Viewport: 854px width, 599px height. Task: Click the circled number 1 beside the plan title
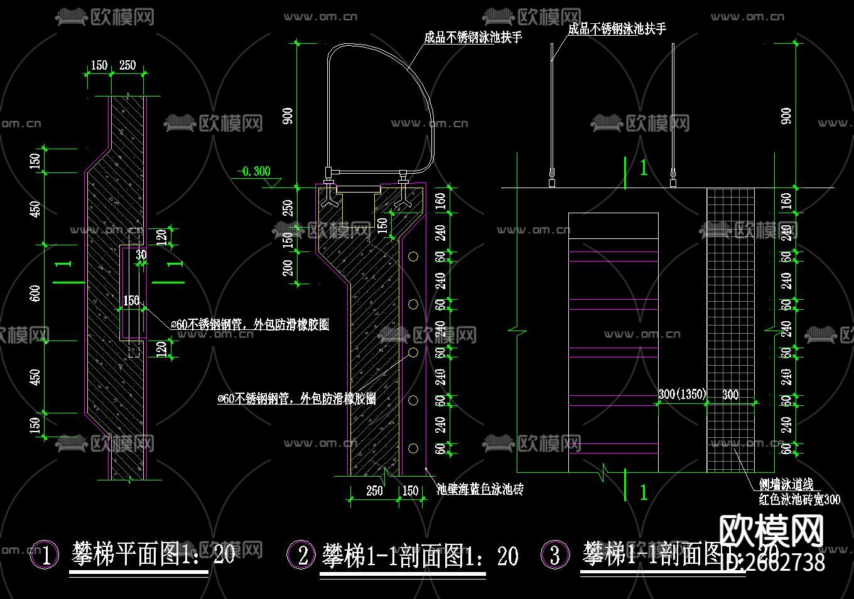click(x=45, y=555)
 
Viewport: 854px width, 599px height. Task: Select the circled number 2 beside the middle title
click(x=302, y=554)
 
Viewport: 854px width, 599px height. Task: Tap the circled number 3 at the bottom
click(x=555, y=554)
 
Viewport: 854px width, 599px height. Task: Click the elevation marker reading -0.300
click(x=254, y=172)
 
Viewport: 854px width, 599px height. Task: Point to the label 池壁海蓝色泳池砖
click(x=480, y=489)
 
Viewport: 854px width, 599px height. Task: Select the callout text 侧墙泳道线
click(x=786, y=484)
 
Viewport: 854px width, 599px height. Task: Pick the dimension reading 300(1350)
click(x=682, y=394)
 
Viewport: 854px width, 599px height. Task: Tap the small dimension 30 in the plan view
click(x=141, y=255)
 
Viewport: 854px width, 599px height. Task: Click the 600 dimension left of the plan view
click(x=36, y=293)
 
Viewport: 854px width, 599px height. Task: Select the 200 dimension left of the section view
click(x=288, y=268)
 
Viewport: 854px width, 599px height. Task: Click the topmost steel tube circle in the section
click(x=413, y=256)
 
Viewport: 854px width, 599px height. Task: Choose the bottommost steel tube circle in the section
click(x=413, y=448)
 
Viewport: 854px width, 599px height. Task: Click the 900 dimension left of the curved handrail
click(x=288, y=116)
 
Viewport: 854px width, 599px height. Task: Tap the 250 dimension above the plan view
click(x=127, y=65)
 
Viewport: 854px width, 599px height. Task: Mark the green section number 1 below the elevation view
click(x=643, y=492)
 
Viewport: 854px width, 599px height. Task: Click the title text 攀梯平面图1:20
click(x=153, y=554)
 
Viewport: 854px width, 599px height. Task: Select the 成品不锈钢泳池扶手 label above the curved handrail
click(x=473, y=38)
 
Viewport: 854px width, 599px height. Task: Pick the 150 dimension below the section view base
click(x=410, y=490)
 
